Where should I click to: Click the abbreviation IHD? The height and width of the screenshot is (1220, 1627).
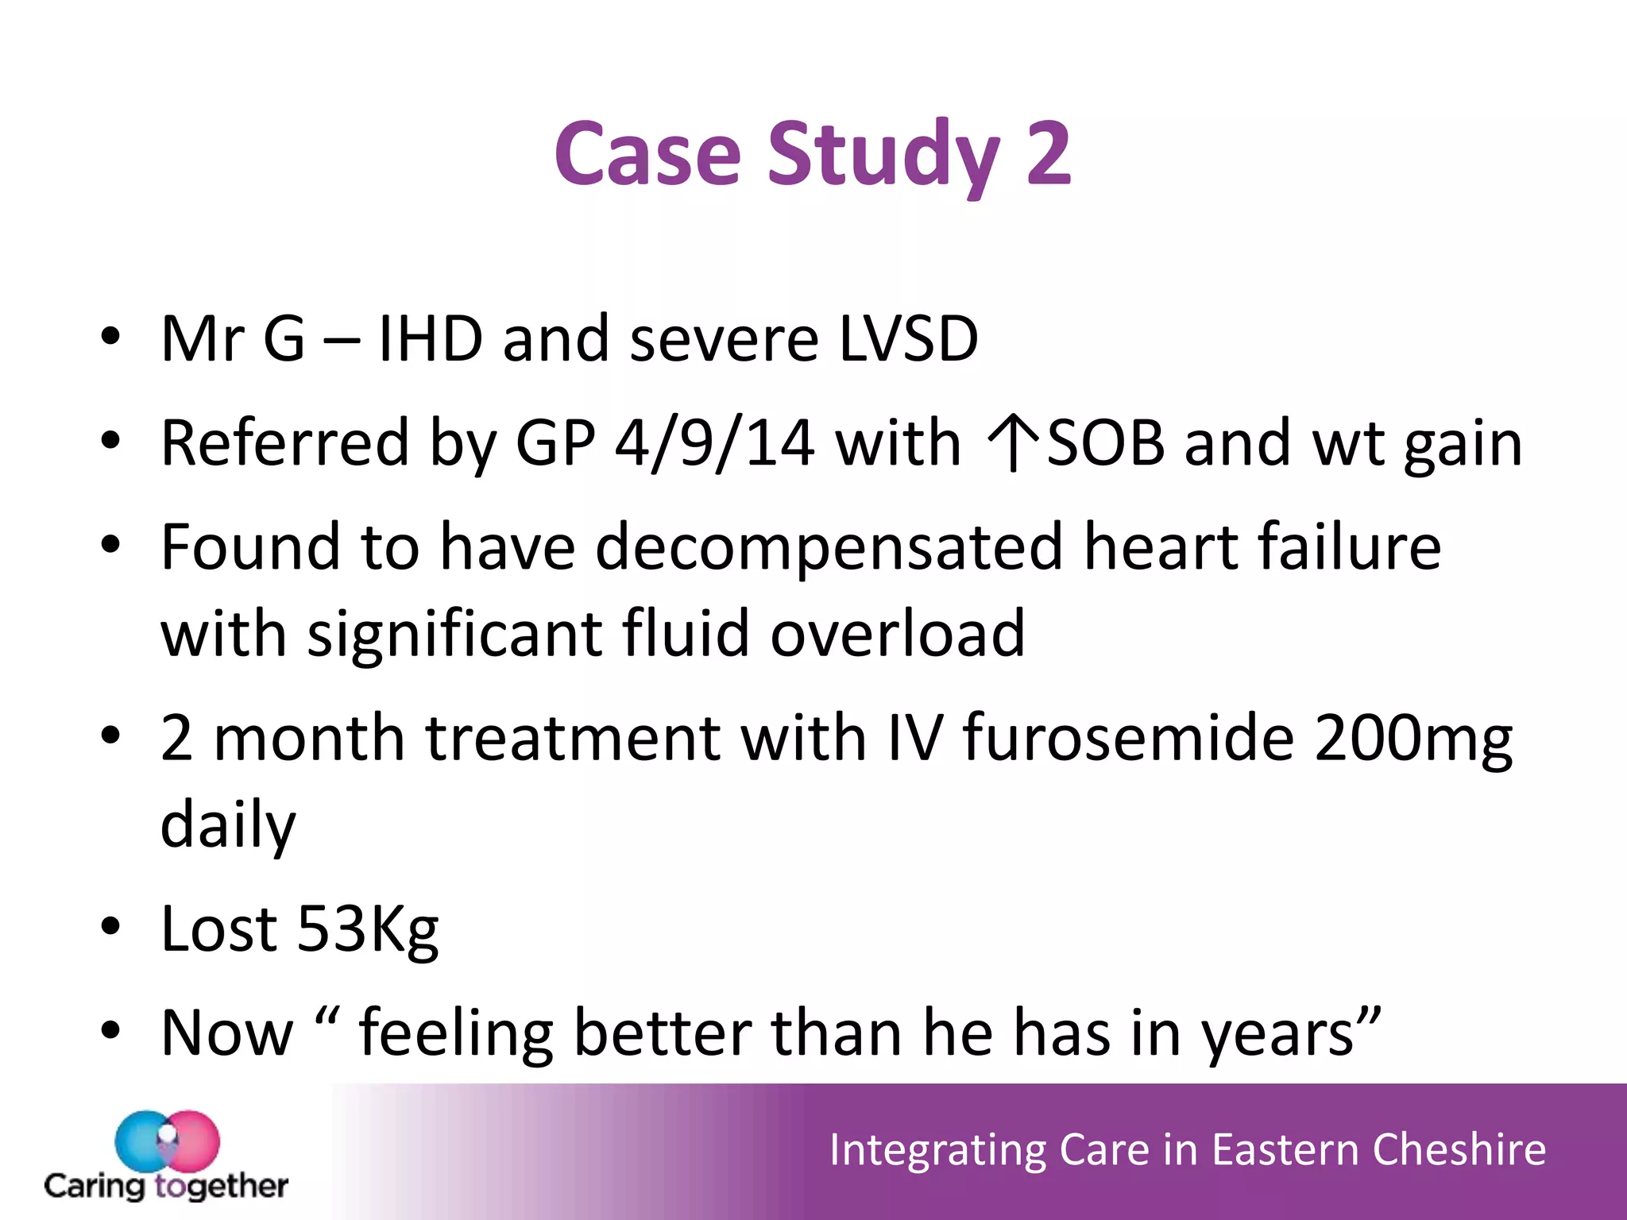pos(430,339)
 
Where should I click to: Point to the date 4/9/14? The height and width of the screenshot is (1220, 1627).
pos(714,443)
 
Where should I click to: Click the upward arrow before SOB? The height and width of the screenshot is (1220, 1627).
pos(1012,443)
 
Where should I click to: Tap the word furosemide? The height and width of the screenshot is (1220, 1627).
pos(1128,738)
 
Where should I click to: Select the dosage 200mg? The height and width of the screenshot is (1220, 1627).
pos(1413,739)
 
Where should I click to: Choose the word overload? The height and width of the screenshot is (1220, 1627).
pos(898,634)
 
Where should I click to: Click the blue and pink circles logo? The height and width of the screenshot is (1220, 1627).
pos(167,1141)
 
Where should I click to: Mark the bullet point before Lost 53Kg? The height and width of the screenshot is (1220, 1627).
pos(110,927)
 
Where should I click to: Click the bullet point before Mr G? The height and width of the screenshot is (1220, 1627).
pos(110,337)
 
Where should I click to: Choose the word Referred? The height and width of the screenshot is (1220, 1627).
pos(284,443)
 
